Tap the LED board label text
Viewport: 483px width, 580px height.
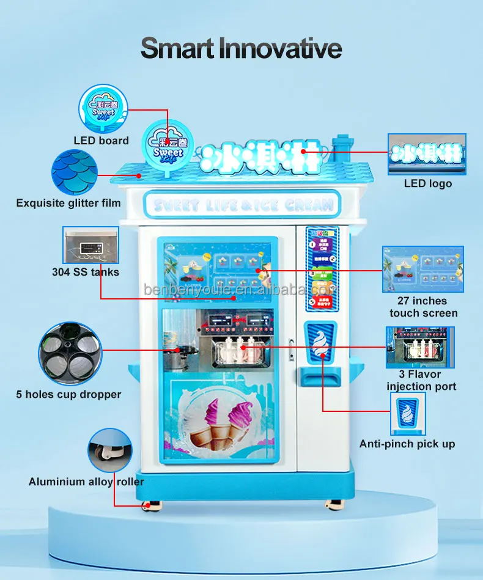click(x=101, y=141)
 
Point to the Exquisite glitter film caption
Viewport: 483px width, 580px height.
click(x=68, y=203)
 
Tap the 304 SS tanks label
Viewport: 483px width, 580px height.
click(x=86, y=272)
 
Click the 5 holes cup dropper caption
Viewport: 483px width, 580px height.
click(x=68, y=394)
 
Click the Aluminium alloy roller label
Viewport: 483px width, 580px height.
click(x=86, y=482)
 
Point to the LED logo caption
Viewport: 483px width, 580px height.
click(x=428, y=183)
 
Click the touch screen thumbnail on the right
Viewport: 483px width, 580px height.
click(x=423, y=269)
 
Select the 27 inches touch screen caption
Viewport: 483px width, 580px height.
click(x=423, y=307)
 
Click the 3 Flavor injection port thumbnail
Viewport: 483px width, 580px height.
click(x=420, y=347)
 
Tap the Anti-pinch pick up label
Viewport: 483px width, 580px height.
click(x=407, y=444)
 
